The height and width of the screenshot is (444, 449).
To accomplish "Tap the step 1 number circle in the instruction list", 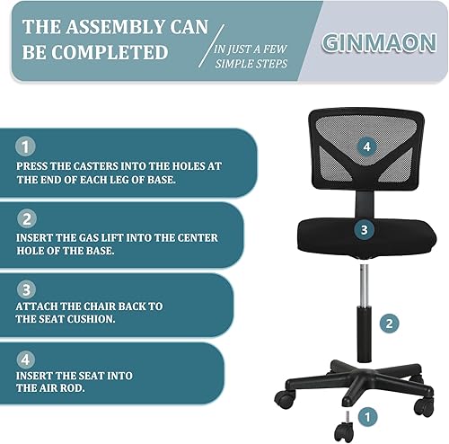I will point(27,145).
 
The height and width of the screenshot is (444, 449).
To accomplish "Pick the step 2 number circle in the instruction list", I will point(27,218).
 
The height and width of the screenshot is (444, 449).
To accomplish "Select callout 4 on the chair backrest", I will point(365,145).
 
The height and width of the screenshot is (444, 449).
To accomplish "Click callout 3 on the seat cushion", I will point(363,229).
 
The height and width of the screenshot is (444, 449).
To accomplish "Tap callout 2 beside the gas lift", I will point(388,323).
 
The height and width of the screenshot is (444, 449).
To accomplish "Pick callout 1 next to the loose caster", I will point(365,415).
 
